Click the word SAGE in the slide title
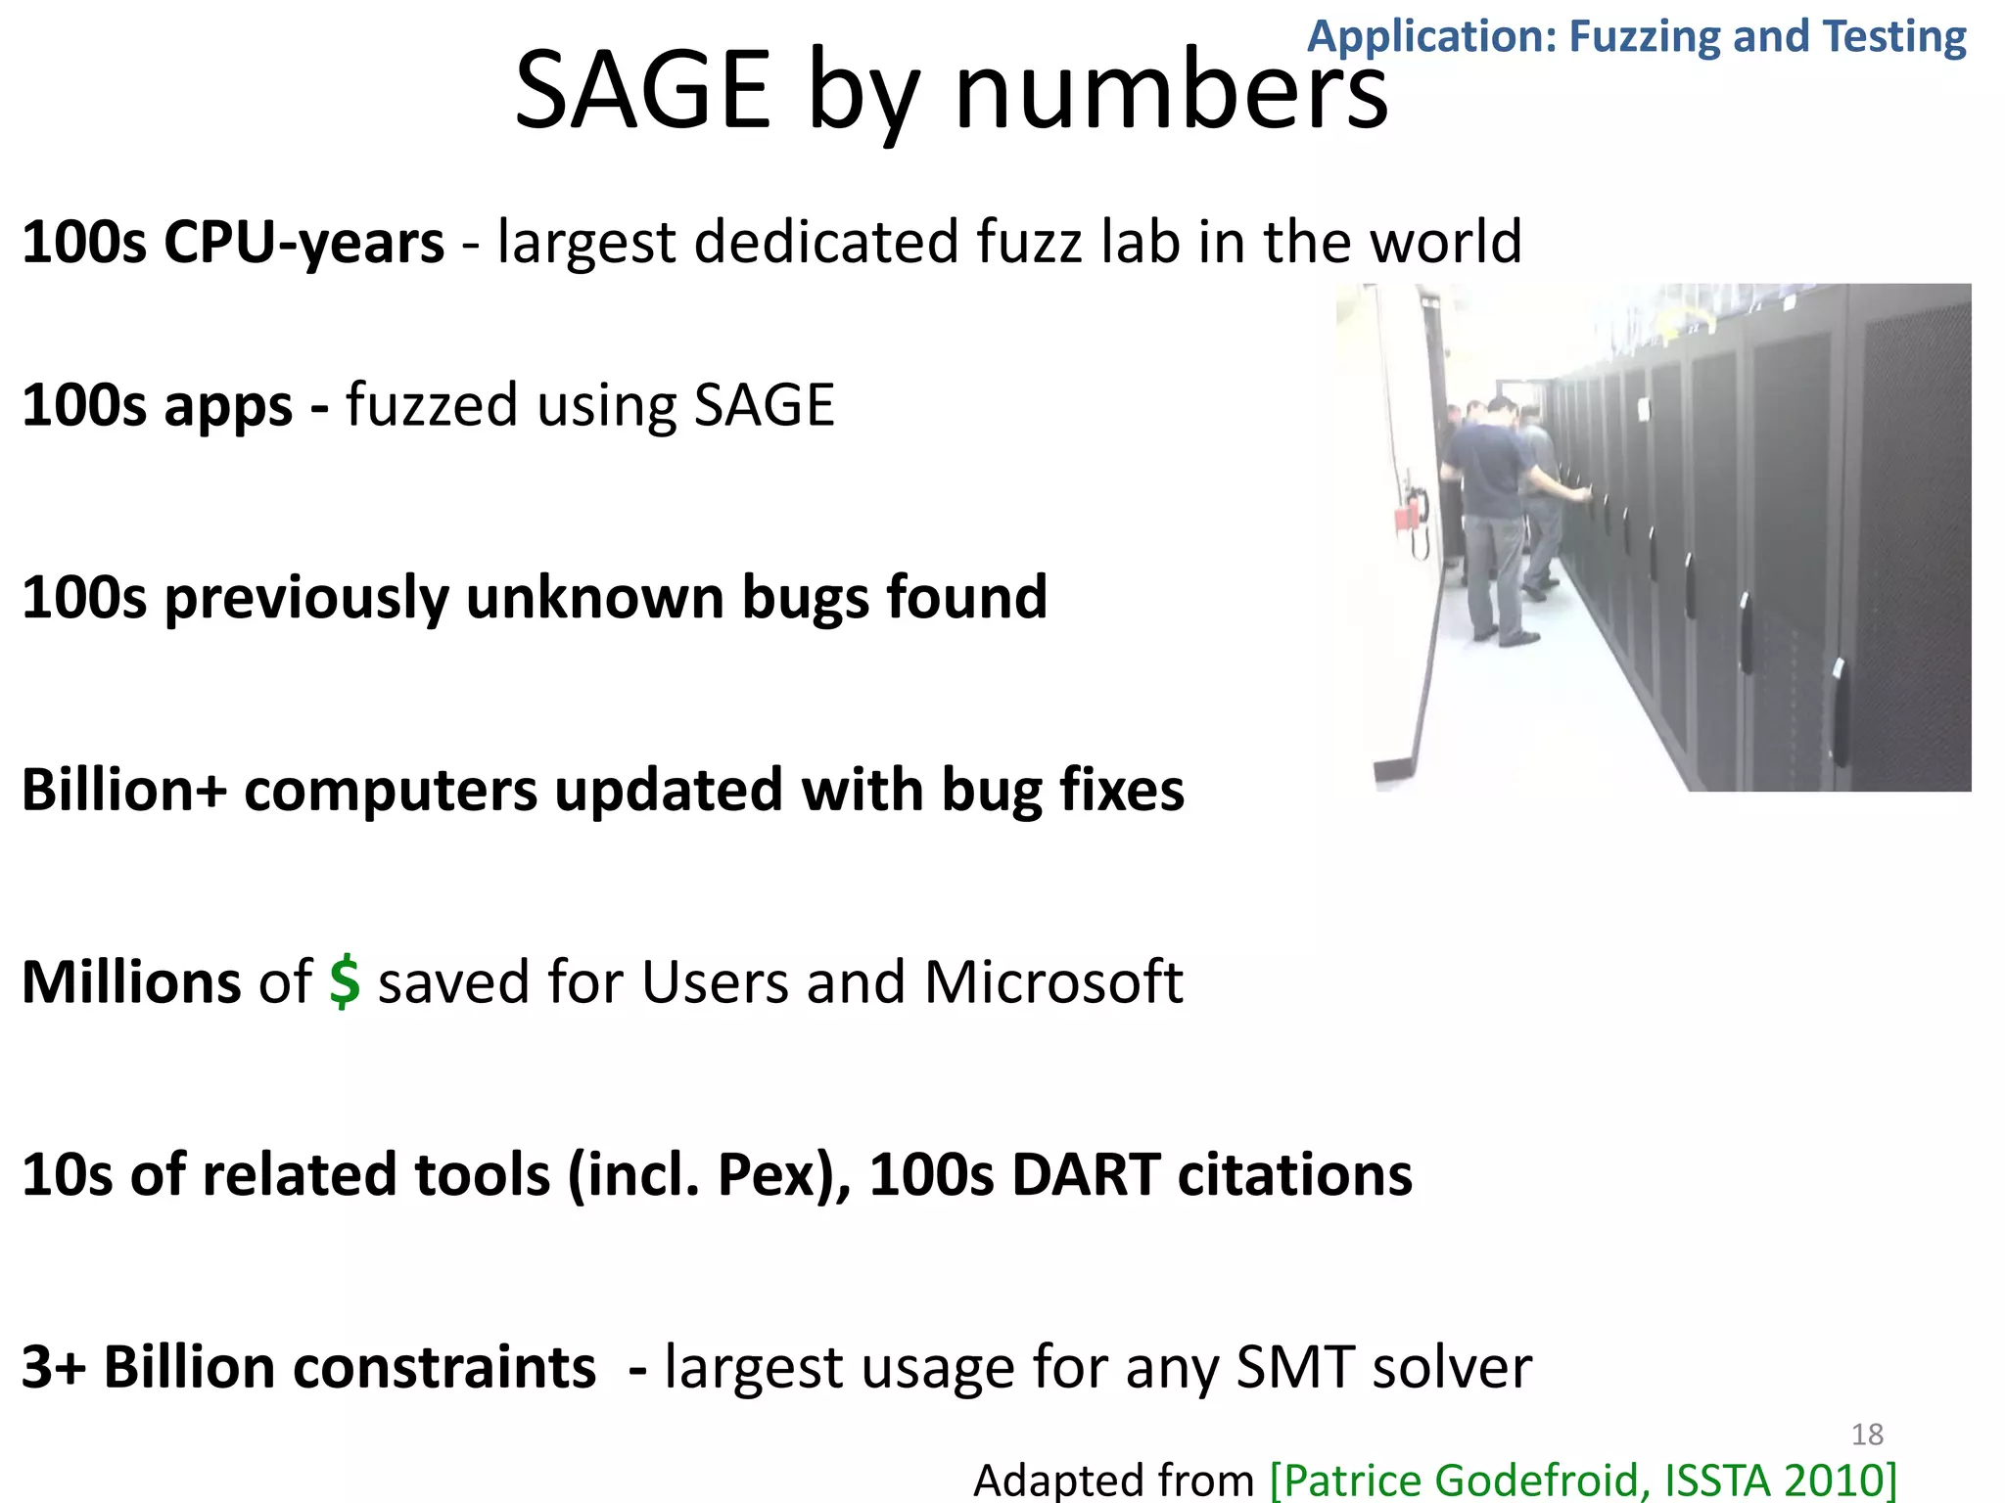click(x=642, y=92)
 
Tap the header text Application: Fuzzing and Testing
click(x=1636, y=37)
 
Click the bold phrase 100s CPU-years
click(x=232, y=243)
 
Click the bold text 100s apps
click(x=157, y=406)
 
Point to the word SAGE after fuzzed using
click(x=764, y=406)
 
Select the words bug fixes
click(x=1062, y=791)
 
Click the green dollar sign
click(x=345, y=982)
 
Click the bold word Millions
click(x=130, y=982)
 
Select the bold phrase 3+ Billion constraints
click(x=308, y=1368)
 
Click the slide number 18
click(x=1867, y=1435)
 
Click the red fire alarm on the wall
click(x=1411, y=516)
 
